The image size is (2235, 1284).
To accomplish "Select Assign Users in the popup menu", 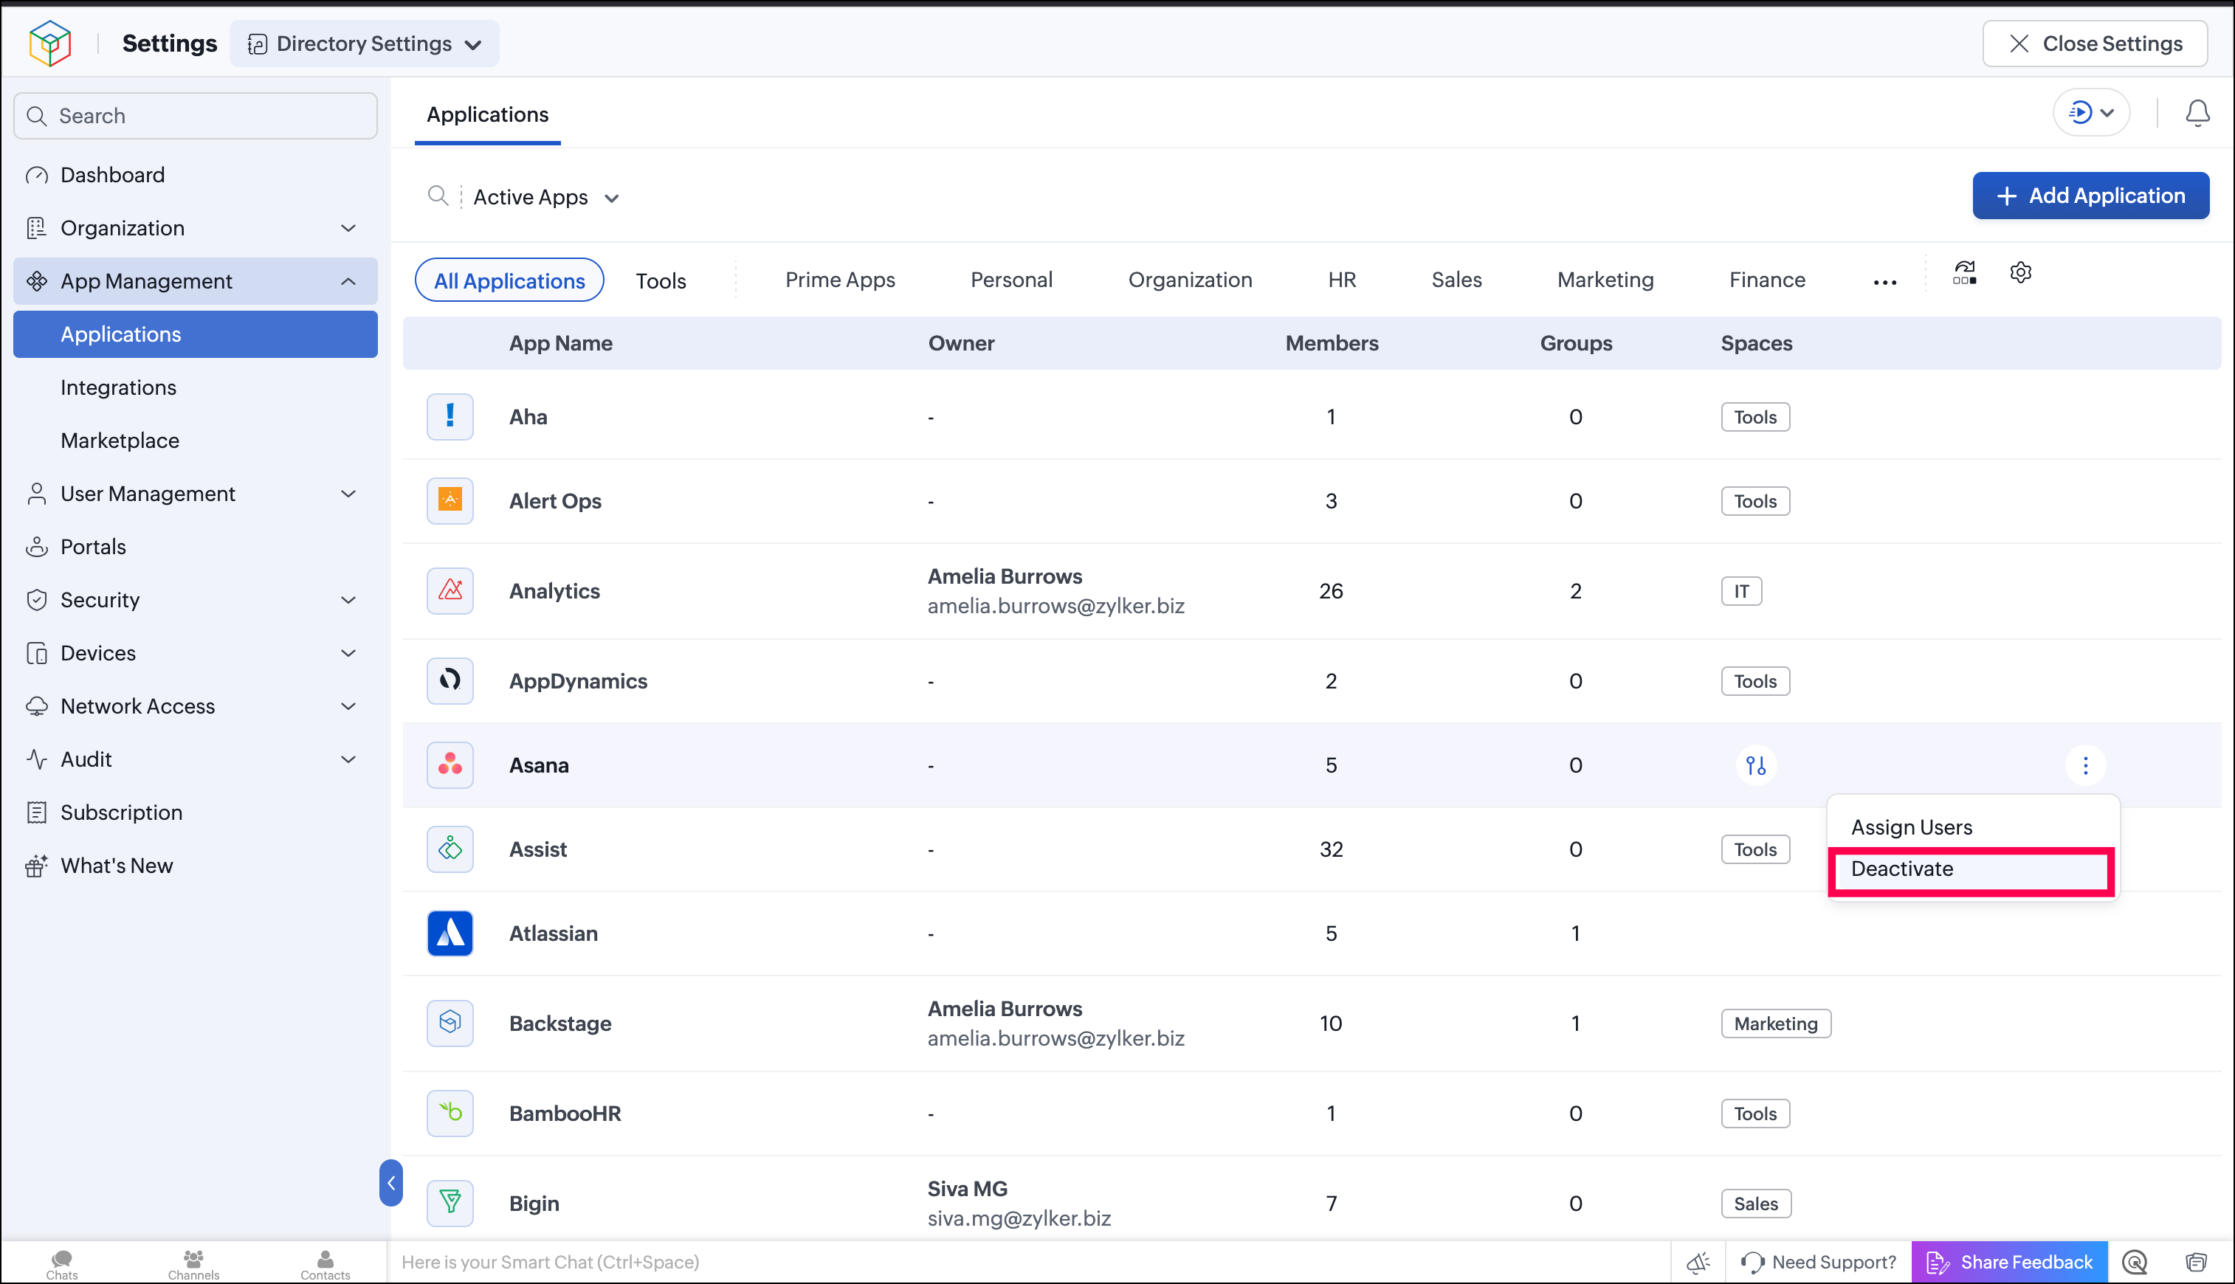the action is (1911, 827).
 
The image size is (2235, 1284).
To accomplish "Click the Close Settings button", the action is (2095, 44).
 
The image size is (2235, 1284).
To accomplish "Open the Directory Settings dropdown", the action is (365, 44).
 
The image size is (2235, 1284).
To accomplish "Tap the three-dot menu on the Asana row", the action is (2085, 765).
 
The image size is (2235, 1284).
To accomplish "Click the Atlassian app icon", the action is (450, 933).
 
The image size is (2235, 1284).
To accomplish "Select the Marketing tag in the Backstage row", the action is (1775, 1024).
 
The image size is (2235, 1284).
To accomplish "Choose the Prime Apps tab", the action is (840, 280).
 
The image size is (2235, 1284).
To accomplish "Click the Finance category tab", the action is (1766, 280).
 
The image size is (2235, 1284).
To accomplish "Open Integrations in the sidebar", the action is (118, 387).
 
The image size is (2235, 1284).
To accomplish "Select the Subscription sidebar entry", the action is (122, 812).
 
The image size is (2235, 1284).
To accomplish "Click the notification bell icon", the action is (2197, 113).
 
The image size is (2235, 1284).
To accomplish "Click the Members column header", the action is (1331, 343).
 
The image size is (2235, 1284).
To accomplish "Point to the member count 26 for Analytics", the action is (1331, 591).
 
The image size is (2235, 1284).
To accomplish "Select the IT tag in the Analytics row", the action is (1741, 591).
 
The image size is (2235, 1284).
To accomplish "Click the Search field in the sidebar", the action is (196, 116).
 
